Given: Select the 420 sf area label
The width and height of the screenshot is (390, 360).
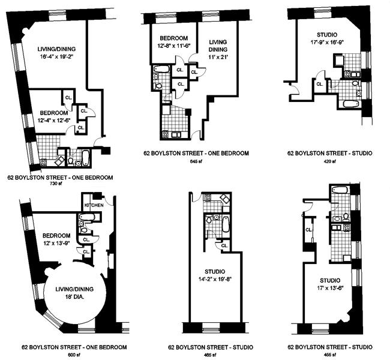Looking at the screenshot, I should pyautogui.click(x=329, y=161).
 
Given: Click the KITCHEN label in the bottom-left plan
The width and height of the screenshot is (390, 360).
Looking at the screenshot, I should pyautogui.click(x=94, y=205).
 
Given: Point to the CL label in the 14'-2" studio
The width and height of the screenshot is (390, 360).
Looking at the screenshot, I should pyautogui.click(x=224, y=245).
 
